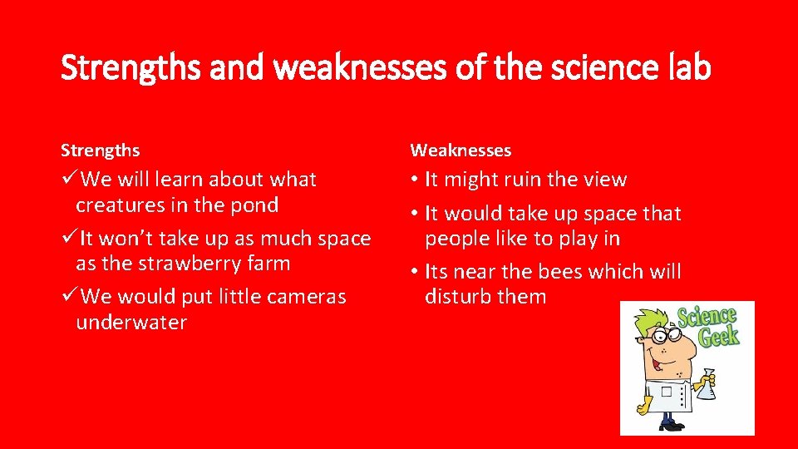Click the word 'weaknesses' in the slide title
pos(361,67)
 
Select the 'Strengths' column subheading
pos(100,150)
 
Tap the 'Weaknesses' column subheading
pos(461,150)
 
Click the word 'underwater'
pos(131,323)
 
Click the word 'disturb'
pos(460,297)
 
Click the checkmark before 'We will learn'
pos(70,180)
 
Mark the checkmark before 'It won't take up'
pos(70,239)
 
